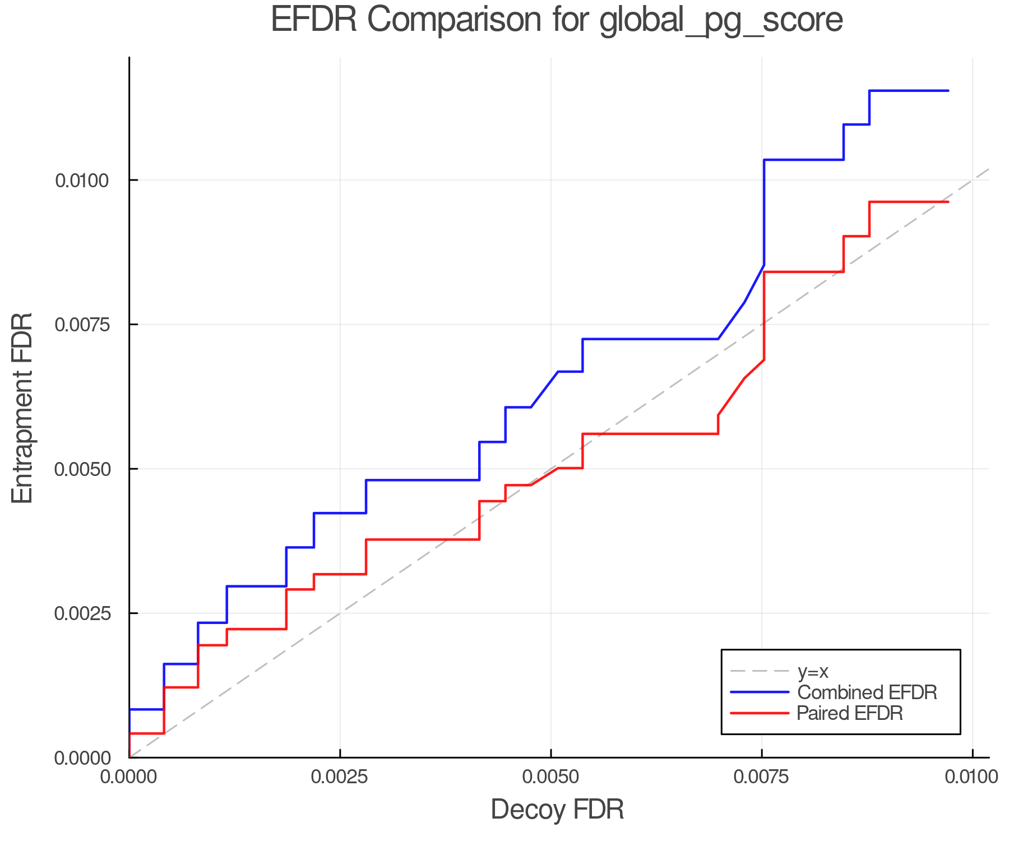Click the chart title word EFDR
coord(313,20)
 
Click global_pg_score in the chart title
coord(721,21)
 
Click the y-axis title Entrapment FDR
coord(22,408)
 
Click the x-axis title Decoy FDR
coord(557,810)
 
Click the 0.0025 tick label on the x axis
coord(340,777)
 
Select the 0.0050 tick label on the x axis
coord(551,777)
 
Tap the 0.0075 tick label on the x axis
coord(762,777)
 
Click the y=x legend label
coord(812,671)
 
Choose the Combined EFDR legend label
coord(867,692)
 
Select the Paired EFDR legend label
coord(850,713)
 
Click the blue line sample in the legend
coord(760,692)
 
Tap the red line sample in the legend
coord(760,713)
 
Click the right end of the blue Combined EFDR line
coord(948,90)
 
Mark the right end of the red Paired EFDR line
coord(948,201)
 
